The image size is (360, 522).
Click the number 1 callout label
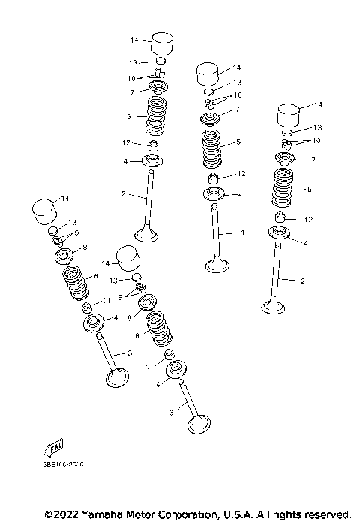tap(241, 233)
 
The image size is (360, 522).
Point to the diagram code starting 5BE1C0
tap(64, 466)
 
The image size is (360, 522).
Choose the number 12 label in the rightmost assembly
tap(307, 219)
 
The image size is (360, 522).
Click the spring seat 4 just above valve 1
tap(216, 195)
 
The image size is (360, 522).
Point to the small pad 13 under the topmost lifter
tap(160, 61)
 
